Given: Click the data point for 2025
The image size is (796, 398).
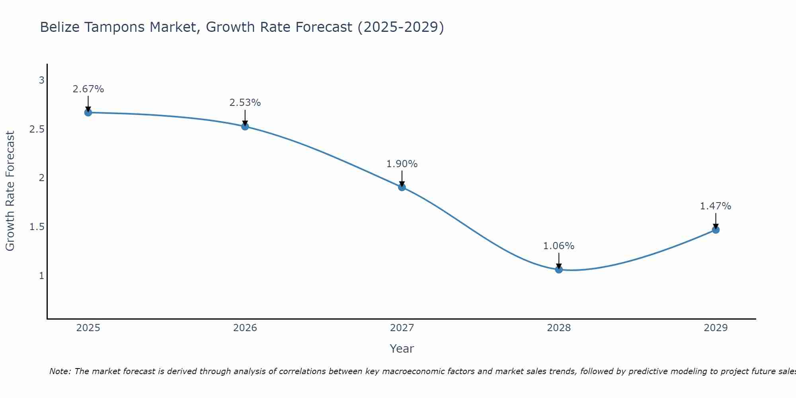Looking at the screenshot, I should click(88, 113).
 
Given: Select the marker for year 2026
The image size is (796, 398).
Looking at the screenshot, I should click(245, 127).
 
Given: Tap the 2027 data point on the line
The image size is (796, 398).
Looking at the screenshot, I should click(402, 187).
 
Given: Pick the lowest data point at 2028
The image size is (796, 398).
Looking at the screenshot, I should click(559, 269).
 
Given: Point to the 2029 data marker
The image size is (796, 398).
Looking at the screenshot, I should click(716, 230).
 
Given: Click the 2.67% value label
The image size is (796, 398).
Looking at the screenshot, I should click(88, 89).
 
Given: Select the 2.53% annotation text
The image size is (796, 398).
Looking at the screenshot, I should click(245, 103).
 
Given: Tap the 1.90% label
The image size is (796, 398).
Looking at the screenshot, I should click(402, 164).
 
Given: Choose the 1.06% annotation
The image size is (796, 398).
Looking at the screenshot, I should click(559, 246).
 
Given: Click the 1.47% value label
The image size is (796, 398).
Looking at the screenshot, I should click(716, 206).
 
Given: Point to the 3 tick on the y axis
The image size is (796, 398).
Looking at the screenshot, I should click(41, 80).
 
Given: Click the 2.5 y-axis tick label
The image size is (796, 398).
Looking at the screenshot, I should click(37, 129).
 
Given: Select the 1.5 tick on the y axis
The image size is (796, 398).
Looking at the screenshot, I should click(37, 227).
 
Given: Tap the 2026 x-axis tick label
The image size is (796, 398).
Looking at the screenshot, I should click(245, 328).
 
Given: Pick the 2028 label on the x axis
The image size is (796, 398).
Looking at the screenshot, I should click(559, 328).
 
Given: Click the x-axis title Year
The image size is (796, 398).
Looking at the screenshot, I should click(402, 349).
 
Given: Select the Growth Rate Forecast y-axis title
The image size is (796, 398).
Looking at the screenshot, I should click(10, 191).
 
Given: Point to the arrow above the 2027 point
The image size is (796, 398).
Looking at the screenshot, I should click(402, 178).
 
